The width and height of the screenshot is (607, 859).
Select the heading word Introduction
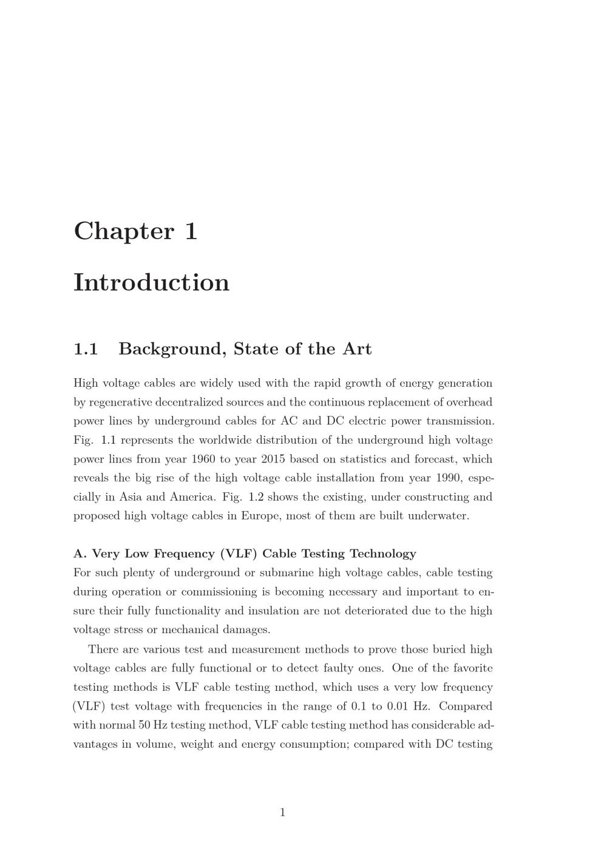point(152,283)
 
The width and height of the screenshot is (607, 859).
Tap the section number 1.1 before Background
point(86,349)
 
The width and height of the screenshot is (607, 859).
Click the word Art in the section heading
point(357,349)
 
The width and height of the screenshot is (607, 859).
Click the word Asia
point(131,497)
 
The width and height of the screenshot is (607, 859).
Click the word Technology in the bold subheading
point(384,554)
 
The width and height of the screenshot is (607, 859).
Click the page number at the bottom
point(282,812)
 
